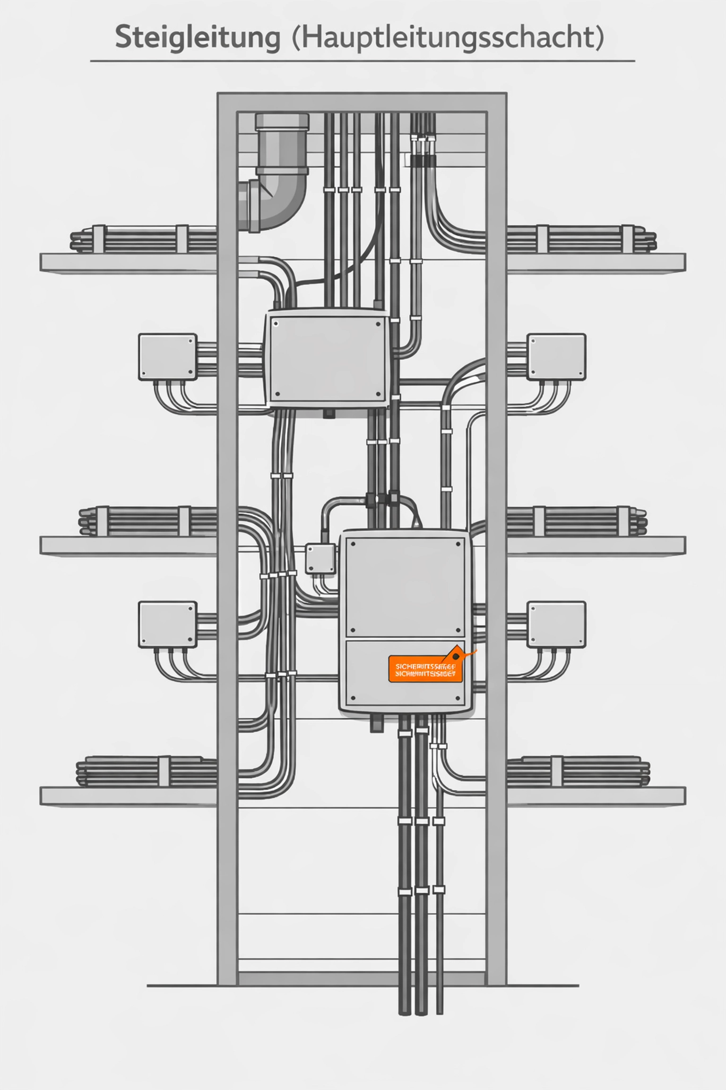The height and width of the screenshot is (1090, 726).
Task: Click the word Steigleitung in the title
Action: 198,38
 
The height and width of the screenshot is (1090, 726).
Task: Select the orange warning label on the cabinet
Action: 425,668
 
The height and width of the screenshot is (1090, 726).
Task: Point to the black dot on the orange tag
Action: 456,657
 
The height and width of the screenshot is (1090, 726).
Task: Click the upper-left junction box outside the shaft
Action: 168,357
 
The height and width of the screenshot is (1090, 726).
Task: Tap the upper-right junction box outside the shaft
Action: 556,357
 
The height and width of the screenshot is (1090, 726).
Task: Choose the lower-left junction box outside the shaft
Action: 168,624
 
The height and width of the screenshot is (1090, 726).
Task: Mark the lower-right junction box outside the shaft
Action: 556,624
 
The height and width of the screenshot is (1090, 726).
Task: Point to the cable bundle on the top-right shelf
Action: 581,239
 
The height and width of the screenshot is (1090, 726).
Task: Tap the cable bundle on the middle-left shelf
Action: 147,521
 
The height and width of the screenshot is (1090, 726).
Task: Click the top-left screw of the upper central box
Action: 276,325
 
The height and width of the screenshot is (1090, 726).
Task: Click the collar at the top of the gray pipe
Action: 282,122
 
